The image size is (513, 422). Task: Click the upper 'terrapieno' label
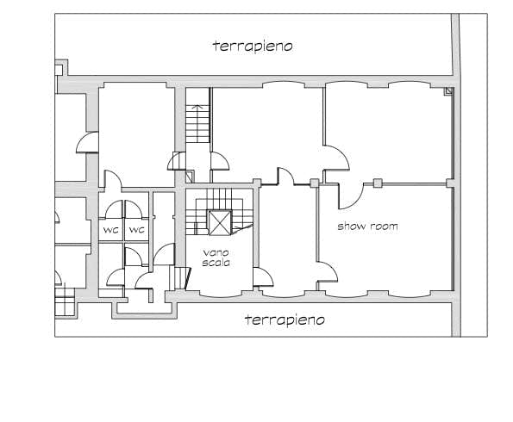point(253,47)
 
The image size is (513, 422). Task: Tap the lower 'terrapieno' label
point(285,320)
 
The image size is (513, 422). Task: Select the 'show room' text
point(368,227)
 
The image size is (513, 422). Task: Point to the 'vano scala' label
point(216,258)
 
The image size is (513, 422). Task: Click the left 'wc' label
point(111,230)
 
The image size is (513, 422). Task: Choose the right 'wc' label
point(137,230)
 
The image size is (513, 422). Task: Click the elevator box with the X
point(220,223)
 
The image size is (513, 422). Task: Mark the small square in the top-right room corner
point(448,91)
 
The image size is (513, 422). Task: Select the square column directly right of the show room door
point(378,183)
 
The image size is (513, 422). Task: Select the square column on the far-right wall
point(451,183)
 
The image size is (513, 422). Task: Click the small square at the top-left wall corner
point(59,70)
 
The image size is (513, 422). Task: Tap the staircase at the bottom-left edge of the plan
point(65,301)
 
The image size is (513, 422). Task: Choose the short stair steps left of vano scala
point(179,278)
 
